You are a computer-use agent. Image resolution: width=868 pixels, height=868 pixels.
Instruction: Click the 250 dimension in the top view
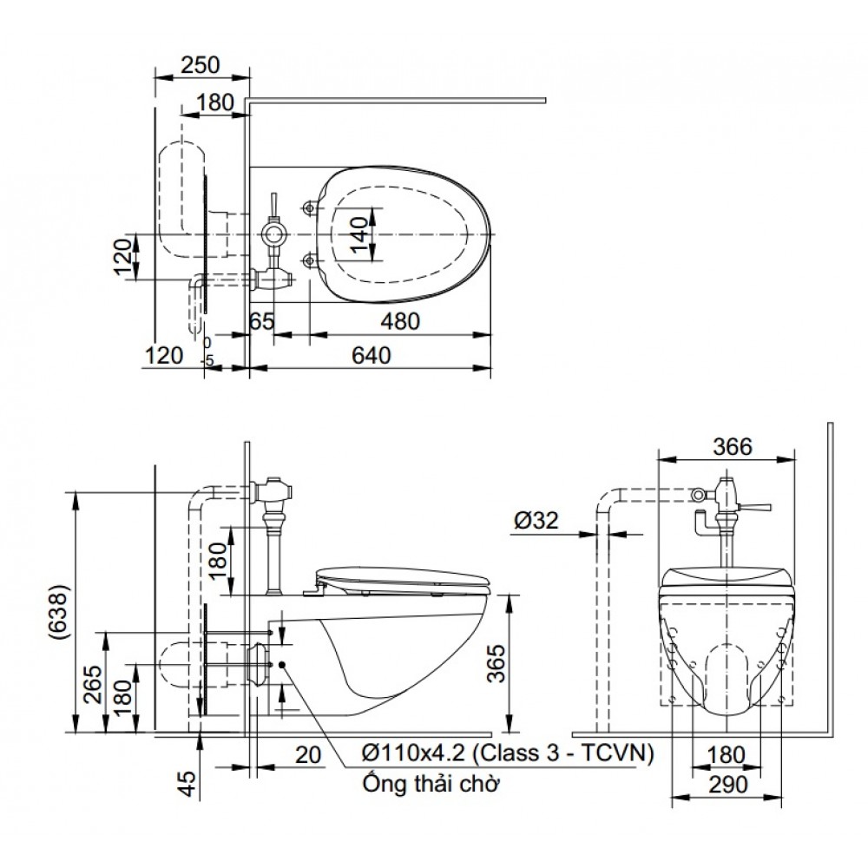click(201, 65)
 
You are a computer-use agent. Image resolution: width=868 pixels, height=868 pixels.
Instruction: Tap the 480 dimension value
click(399, 321)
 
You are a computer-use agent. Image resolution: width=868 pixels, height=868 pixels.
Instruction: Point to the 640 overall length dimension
click(372, 355)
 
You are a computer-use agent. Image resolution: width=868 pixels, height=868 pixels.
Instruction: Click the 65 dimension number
click(262, 321)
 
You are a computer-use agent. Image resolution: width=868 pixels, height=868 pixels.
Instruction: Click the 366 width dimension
click(727, 446)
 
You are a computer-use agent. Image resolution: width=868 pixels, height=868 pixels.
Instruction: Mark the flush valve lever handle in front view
click(757, 506)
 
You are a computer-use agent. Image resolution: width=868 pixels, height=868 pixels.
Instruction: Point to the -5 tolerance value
click(207, 359)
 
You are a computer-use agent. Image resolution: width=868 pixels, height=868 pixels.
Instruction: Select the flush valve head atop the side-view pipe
click(273, 491)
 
